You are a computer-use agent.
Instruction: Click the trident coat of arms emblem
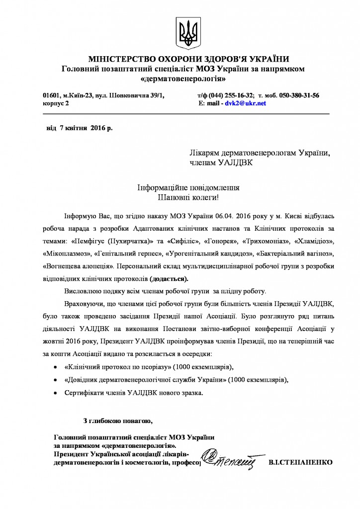point(187,32)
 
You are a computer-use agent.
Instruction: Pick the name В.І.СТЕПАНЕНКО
point(300,462)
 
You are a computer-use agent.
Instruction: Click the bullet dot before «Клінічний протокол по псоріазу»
point(55,367)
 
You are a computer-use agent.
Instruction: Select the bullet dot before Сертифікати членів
point(55,393)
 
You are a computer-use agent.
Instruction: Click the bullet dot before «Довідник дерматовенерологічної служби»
point(55,380)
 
